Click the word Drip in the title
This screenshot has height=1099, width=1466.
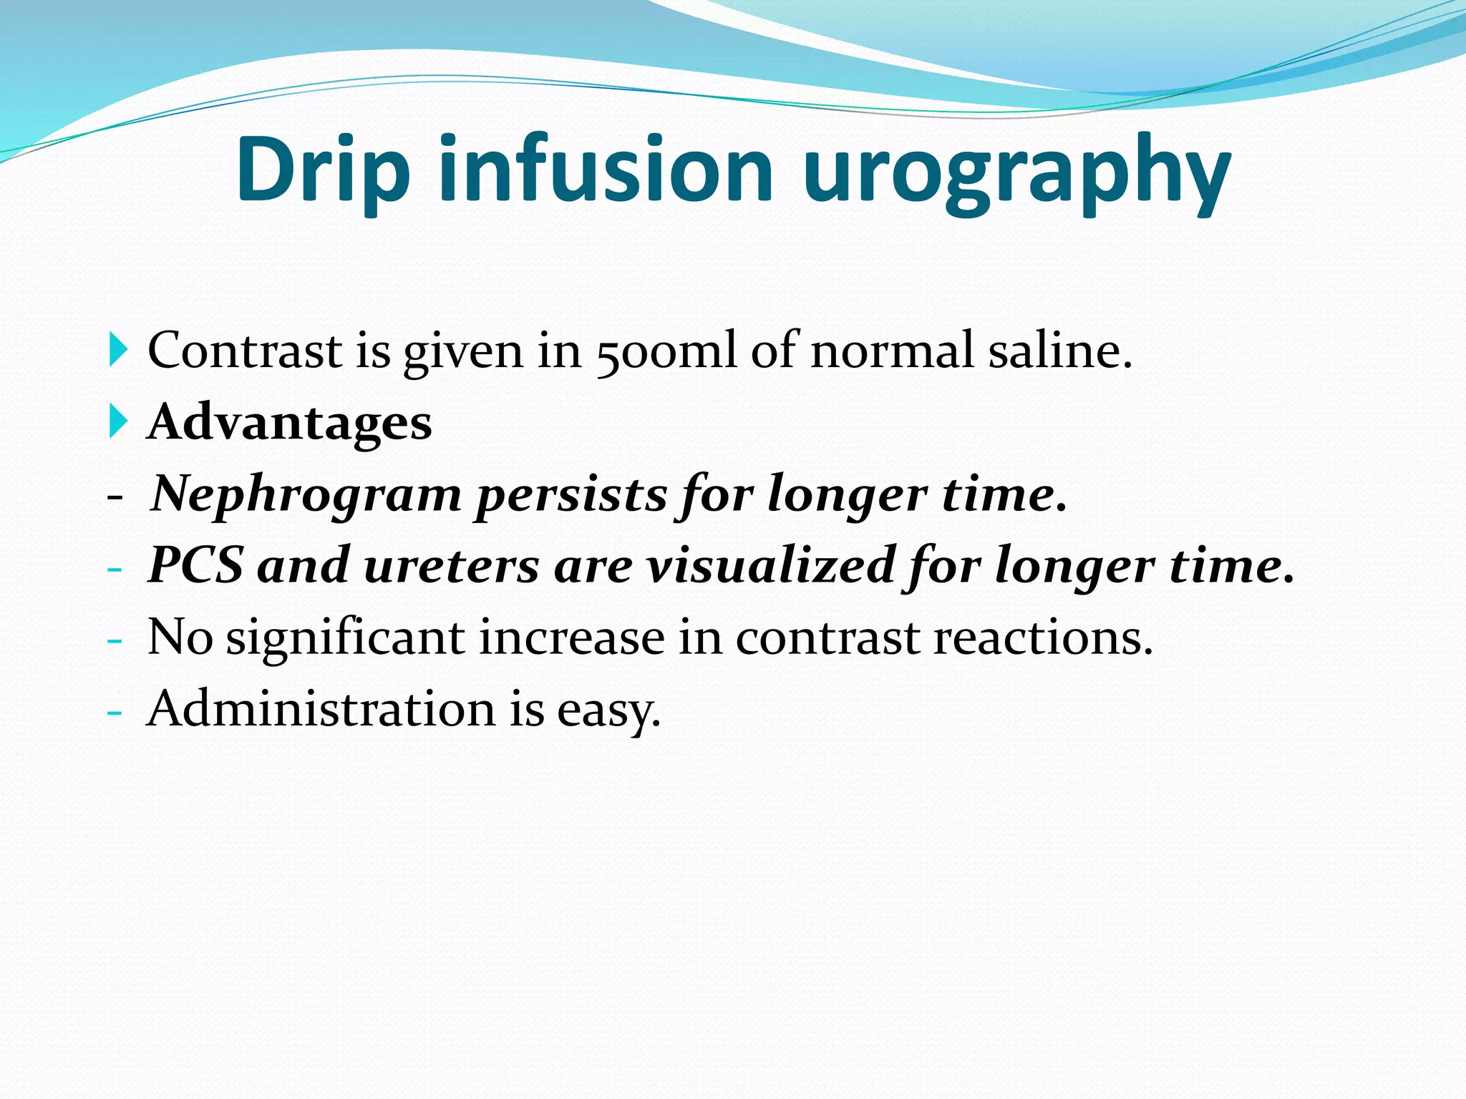click(x=323, y=170)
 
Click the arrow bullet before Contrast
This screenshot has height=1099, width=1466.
click(x=118, y=351)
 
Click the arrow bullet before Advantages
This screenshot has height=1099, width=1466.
click(x=118, y=421)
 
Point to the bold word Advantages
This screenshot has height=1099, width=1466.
click(x=289, y=422)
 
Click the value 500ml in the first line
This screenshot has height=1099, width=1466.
click(x=666, y=351)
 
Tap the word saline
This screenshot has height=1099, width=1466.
click(x=1059, y=351)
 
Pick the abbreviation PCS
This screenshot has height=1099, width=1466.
click(x=195, y=565)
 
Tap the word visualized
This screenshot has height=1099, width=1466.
click(x=770, y=565)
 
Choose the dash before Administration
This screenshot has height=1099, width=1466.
click(x=115, y=713)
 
